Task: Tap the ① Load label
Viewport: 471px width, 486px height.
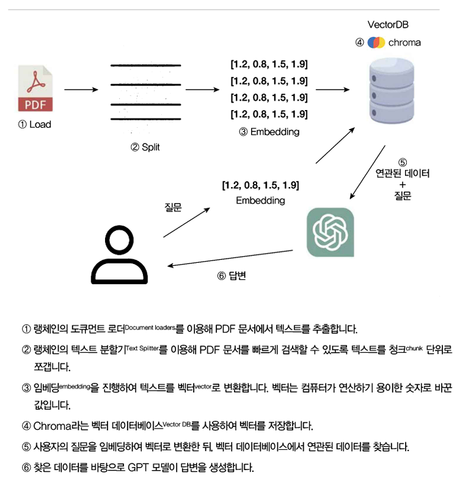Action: (35, 125)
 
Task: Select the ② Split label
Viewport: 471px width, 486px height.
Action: (145, 147)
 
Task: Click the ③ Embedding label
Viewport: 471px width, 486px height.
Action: (269, 131)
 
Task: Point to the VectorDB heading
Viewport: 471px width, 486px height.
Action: (388, 25)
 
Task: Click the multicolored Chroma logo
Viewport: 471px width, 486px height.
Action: (376, 43)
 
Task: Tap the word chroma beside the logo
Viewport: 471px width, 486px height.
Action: (404, 43)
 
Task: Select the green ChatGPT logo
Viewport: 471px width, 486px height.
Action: (330, 232)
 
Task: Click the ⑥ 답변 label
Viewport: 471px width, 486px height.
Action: (232, 276)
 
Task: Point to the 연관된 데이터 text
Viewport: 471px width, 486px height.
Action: (403, 174)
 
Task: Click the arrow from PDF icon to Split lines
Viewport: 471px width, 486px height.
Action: (81, 90)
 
